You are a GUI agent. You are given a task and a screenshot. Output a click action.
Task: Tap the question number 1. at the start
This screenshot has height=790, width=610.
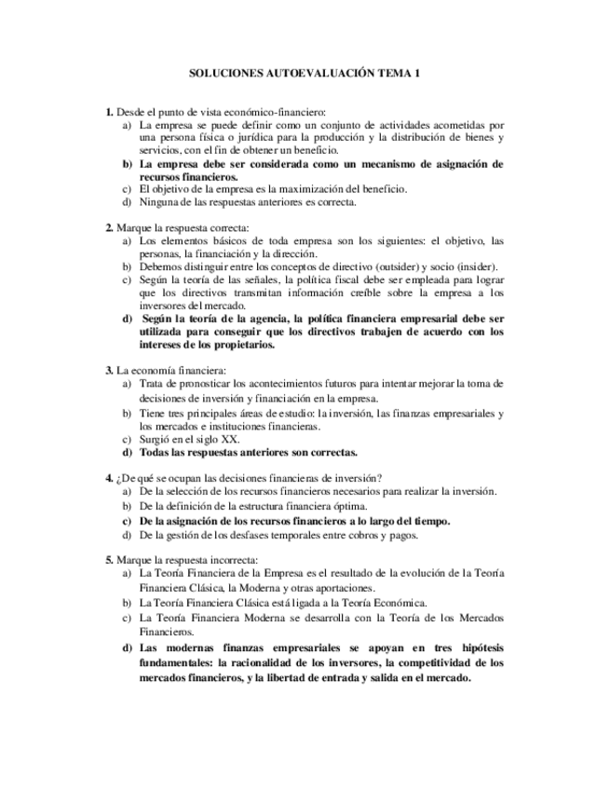pyautogui.click(x=109, y=111)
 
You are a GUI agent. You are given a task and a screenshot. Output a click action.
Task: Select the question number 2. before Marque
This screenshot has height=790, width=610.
pyautogui.click(x=109, y=227)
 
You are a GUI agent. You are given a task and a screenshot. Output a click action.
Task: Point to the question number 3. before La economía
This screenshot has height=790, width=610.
pyautogui.click(x=109, y=370)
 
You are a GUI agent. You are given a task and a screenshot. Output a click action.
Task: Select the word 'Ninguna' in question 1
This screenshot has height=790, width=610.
pyautogui.click(x=159, y=202)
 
